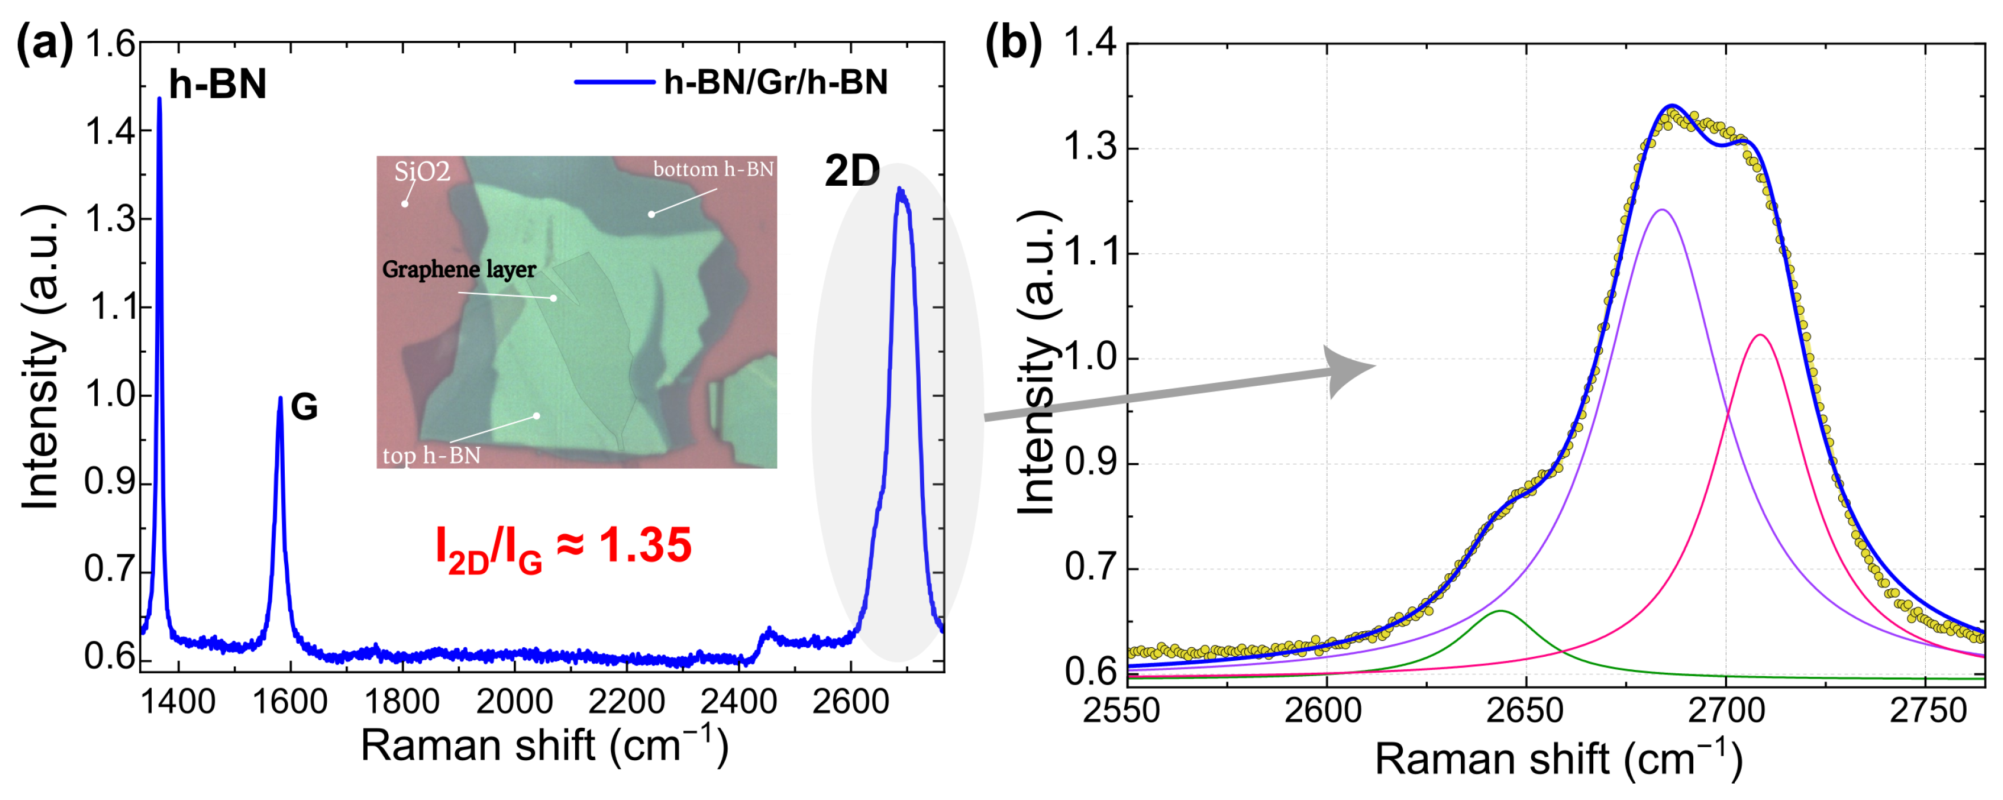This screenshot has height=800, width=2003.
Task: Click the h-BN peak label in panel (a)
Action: click(x=217, y=84)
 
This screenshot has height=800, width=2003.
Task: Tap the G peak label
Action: click(x=304, y=407)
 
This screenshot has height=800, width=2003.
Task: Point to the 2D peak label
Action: click(x=851, y=171)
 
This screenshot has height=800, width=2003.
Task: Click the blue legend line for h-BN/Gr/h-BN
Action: click(x=614, y=82)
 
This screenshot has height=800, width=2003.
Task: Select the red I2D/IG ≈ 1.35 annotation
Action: click(x=563, y=547)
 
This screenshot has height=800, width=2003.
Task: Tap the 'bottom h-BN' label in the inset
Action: click(x=713, y=169)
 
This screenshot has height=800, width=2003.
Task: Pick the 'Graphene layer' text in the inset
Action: click(x=459, y=270)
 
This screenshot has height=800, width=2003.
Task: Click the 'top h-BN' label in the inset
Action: click(x=431, y=456)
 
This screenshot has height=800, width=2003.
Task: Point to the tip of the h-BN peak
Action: click(x=159, y=99)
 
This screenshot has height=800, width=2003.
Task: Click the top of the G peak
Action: click(x=280, y=398)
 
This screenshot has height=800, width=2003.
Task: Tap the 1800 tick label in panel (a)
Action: click(x=401, y=703)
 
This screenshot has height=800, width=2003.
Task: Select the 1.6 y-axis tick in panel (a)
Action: click(x=110, y=44)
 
